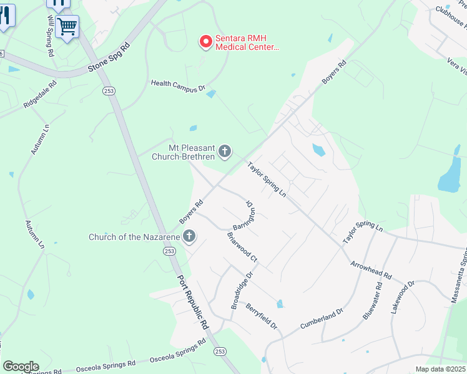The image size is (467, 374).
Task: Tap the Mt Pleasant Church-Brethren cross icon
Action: tap(225, 151)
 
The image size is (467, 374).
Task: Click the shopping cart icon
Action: tap(67, 26)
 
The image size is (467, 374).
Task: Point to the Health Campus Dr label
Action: tap(178, 86)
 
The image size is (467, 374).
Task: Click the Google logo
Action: tap(21, 367)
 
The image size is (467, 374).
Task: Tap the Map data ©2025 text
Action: tap(440, 369)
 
